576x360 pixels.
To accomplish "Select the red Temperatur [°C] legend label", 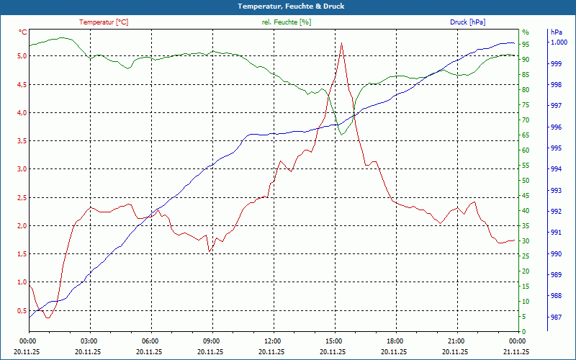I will [104, 22].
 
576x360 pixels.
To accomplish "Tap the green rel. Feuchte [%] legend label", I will [287, 22].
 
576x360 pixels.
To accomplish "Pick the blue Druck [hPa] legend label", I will [467, 22].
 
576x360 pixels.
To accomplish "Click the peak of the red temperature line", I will [341, 43].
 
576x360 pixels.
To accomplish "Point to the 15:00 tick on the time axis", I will [333, 341].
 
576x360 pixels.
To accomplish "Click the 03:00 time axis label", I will [89, 341].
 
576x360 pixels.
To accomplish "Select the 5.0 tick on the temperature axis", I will [22, 56].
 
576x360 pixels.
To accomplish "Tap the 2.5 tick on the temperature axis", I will [22, 197].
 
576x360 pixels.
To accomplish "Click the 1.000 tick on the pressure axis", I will [559, 42].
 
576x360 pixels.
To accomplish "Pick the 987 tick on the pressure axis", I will [556, 317].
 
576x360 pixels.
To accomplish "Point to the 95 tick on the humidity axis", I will [526, 45].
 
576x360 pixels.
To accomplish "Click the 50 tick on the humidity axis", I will [526, 181].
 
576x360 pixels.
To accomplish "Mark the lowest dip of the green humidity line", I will [342, 135].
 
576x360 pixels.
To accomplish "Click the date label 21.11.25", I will [516, 352].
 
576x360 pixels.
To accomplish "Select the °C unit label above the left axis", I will [22, 32].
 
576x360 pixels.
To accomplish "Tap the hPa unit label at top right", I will [557, 32].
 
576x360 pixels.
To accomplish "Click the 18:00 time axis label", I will [395, 341].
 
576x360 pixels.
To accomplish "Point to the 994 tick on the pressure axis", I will [556, 169].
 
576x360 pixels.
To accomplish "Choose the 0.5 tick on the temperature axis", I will [22, 310].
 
